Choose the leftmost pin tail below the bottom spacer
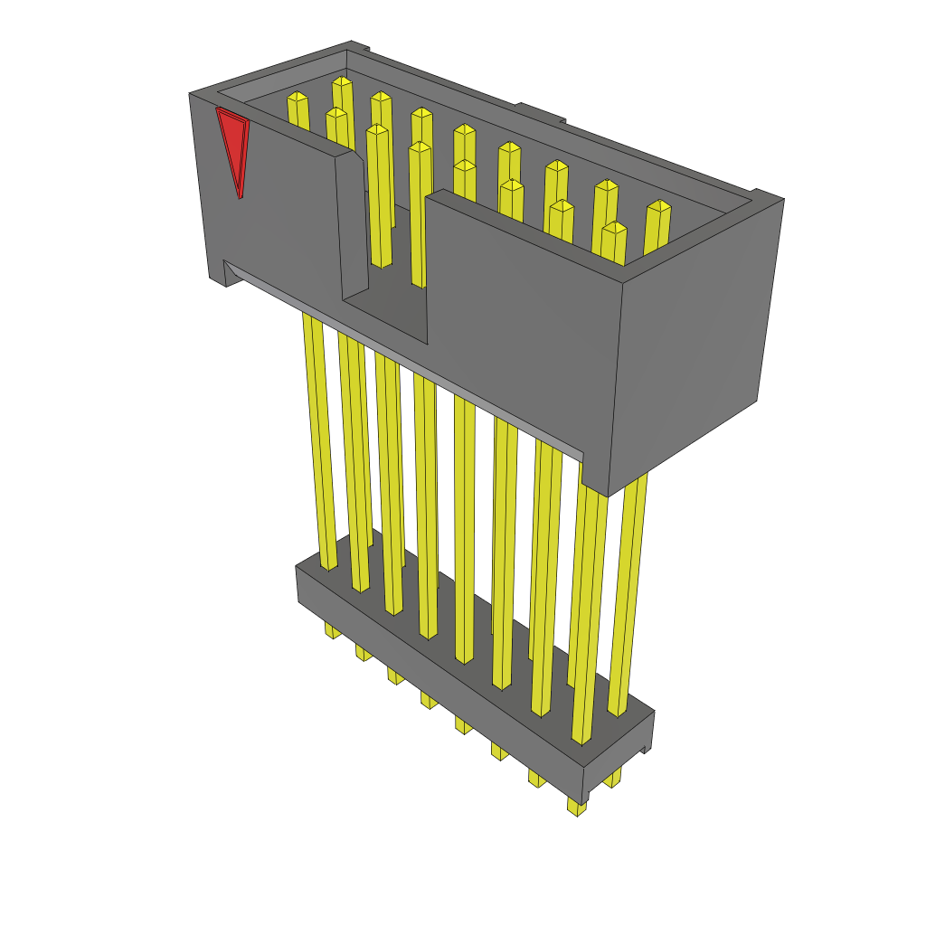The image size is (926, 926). [x=333, y=630]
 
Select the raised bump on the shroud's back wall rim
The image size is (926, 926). [x=540, y=112]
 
